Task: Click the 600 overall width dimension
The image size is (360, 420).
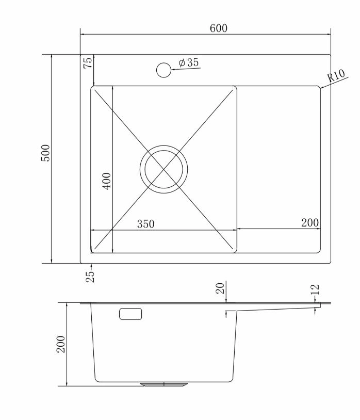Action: click(x=218, y=28)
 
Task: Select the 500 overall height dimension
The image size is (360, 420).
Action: click(x=45, y=153)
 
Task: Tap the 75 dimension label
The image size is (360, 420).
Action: click(x=88, y=62)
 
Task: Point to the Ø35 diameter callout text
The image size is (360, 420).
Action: click(x=189, y=62)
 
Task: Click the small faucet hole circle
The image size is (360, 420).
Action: click(x=163, y=70)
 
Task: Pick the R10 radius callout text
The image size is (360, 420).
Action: click(x=336, y=75)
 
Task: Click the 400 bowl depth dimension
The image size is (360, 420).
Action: click(x=107, y=181)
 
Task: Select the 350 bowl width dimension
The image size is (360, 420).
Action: click(x=145, y=224)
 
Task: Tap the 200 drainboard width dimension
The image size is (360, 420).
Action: click(x=310, y=222)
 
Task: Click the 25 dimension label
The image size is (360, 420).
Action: click(x=90, y=277)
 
